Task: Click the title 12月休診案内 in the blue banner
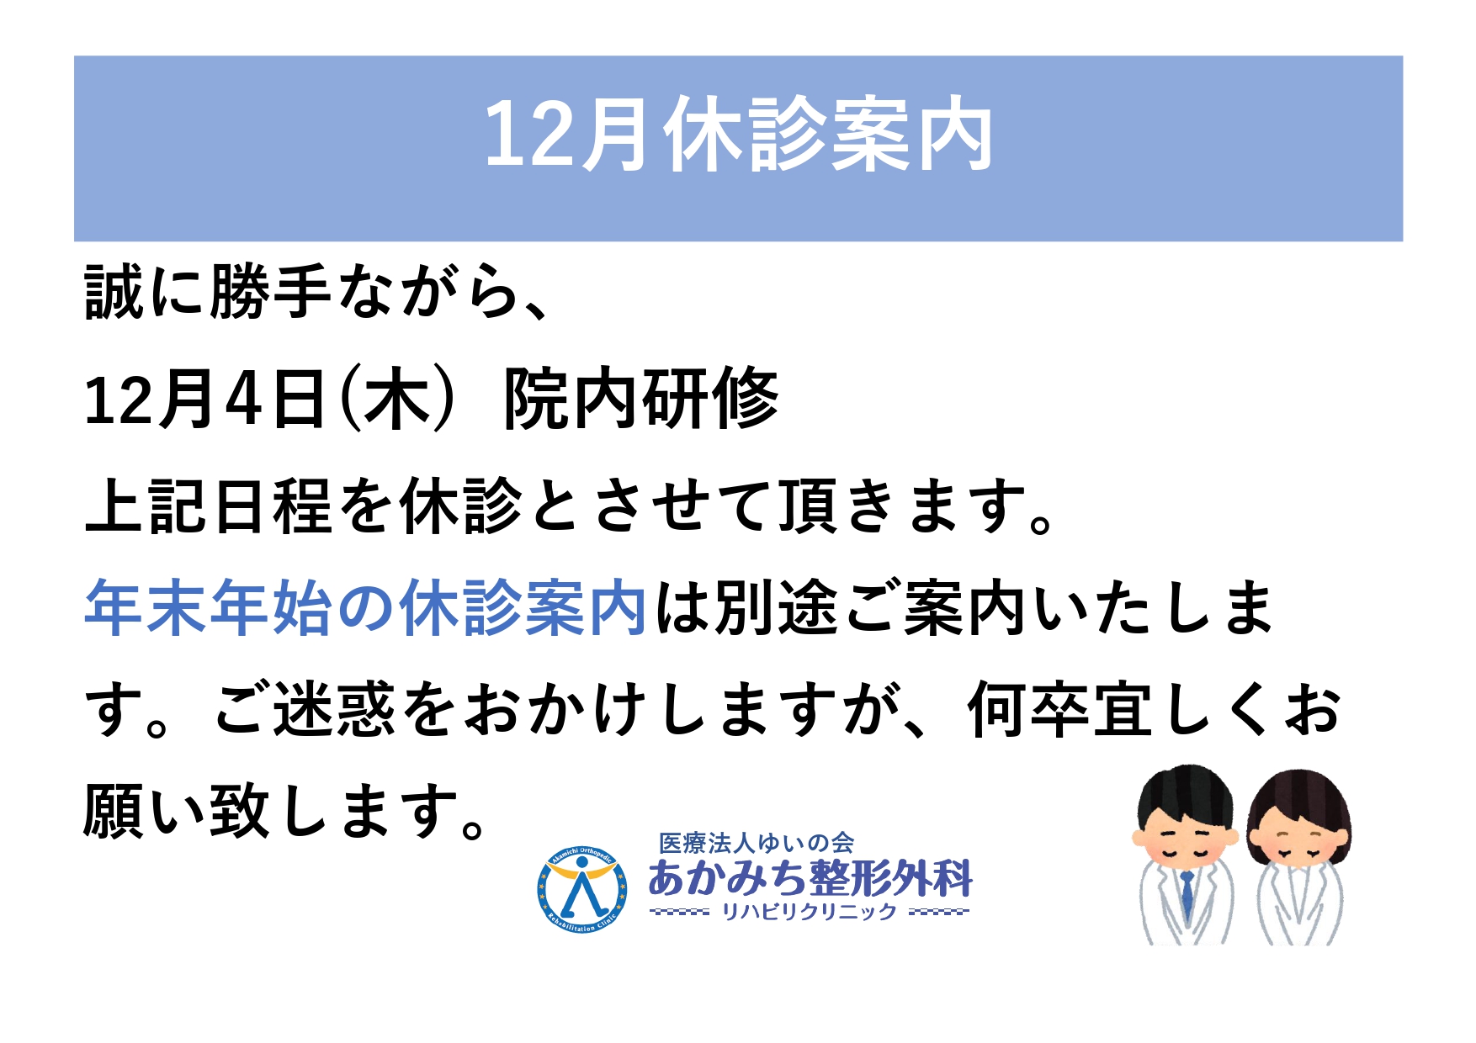[x=738, y=135]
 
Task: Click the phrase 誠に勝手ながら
[x=300, y=293]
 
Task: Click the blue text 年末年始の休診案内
[x=366, y=607]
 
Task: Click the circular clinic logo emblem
[x=581, y=890]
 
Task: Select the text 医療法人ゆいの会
[x=757, y=843]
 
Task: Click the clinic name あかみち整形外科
[x=810, y=878]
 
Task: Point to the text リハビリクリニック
[x=810, y=912]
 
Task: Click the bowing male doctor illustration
[x=1187, y=855]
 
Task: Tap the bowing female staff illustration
[x=1298, y=856]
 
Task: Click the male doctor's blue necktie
[x=1187, y=895]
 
